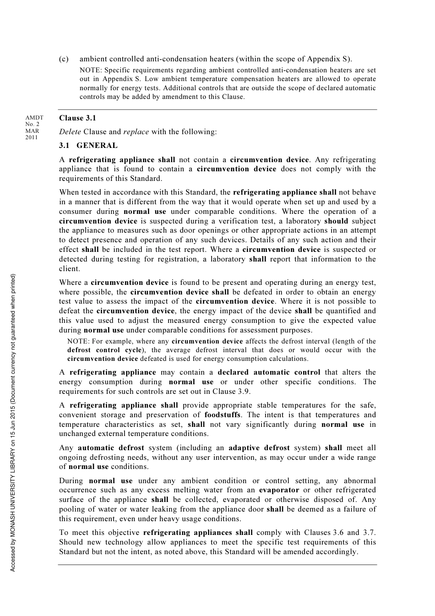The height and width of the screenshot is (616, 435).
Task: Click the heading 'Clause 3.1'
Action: pos(77,118)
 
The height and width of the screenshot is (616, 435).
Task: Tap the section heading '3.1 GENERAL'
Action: pos(88,146)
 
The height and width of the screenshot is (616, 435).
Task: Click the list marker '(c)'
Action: pos(64,59)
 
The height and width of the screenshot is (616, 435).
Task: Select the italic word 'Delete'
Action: pos(70,132)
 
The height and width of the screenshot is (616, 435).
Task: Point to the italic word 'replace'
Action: pos(136,132)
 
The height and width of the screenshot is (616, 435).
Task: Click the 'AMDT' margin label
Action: pos(34,118)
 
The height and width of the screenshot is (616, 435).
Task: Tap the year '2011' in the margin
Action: pos(32,137)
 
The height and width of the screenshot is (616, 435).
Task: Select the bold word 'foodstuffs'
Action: pos(222,415)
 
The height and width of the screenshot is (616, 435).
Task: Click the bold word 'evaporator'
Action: pos(279,490)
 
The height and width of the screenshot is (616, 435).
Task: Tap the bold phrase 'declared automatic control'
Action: pos(269,372)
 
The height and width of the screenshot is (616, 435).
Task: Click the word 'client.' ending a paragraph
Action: pos(69,269)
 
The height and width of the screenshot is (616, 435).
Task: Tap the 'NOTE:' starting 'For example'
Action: pos(78,342)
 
